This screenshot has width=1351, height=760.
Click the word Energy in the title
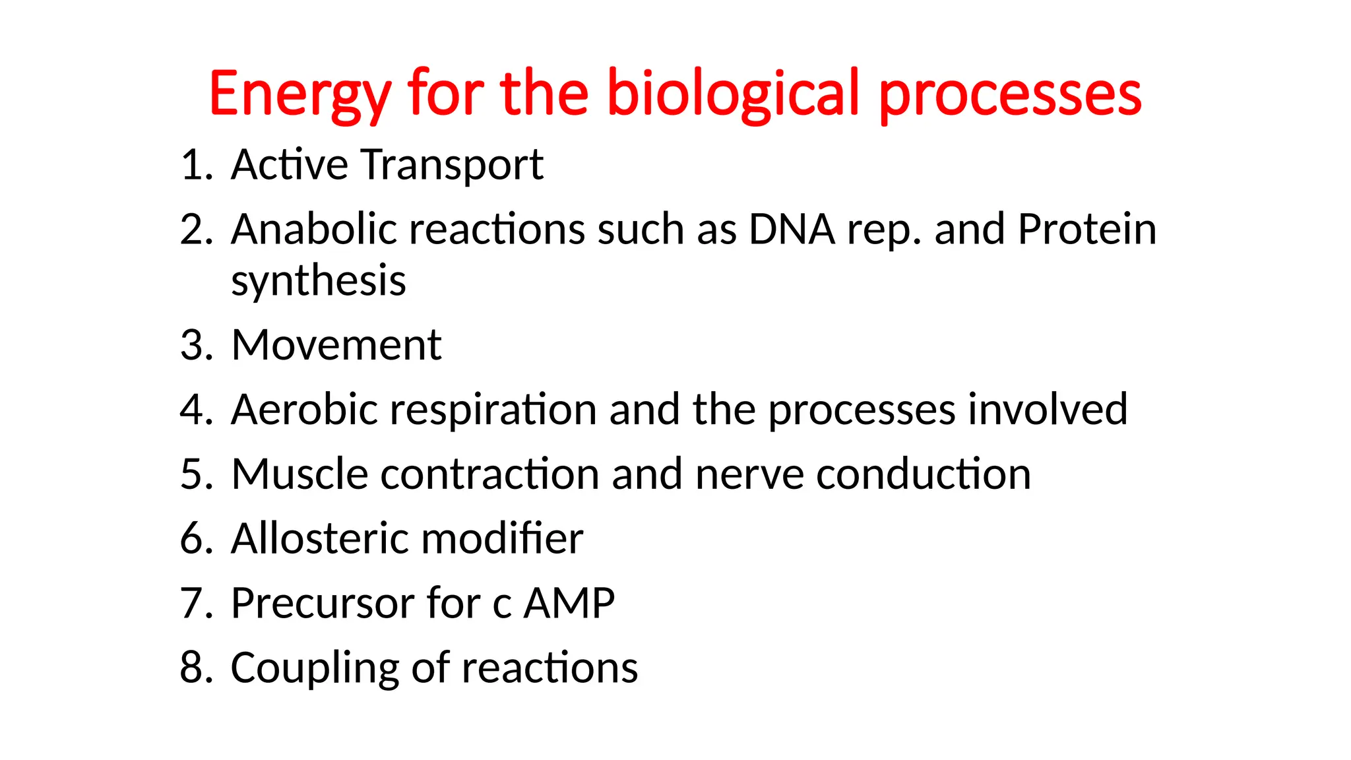pyautogui.click(x=300, y=94)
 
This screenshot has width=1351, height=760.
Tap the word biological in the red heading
pyautogui.click(x=733, y=94)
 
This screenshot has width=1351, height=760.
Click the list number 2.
pyautogui.click(x=195, y=230)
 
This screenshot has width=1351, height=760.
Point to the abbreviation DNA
pyautogui.click(x=791, y=230)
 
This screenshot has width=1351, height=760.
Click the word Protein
pyautogui.click(x=1086, y=230)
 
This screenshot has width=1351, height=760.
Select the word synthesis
pyautogui.click(x=318, y=281)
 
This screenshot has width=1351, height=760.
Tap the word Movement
pyautogui.click(x=336, y=345)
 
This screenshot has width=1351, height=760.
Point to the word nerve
pyautogui.click(x=749, y=474)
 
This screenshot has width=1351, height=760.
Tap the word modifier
pyautogui.click(x=501, y=538)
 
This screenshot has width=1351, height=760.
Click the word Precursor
pyautogui.click(x=322, y=603)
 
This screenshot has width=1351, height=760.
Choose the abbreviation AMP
pyautogui.click(x=568, y=603)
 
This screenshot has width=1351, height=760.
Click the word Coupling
pyautogui.click(x=315, y=668)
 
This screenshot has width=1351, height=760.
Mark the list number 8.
pyautogui.click(x=195, y=668)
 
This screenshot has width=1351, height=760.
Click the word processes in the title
pyautogui.click(x=1010, y=94)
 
